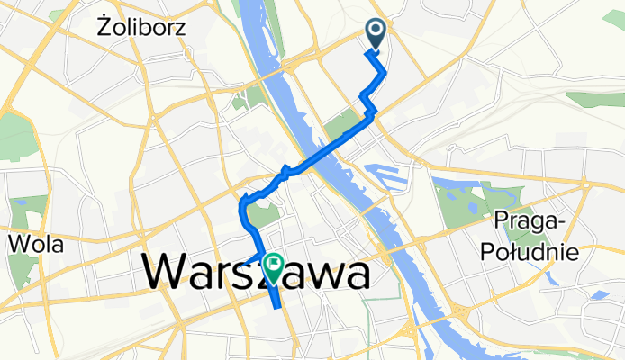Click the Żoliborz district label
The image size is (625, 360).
click(x=140, y=28)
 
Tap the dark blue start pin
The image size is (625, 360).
click(x=376, y=35)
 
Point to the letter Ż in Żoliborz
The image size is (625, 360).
click(x=102, y=28)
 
